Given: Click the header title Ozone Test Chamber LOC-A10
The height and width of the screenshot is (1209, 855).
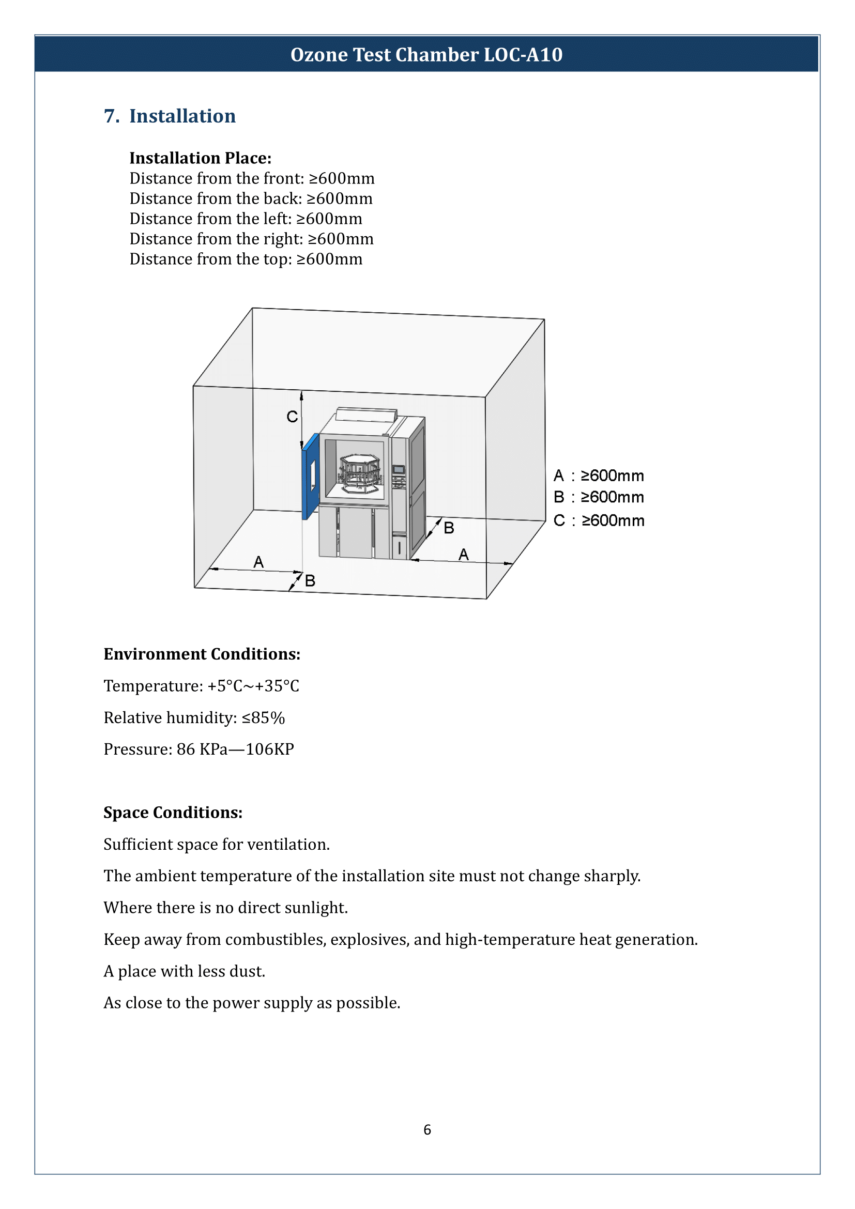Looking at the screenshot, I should (426, 55).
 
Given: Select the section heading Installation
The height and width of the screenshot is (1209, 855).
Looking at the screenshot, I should (182, 116).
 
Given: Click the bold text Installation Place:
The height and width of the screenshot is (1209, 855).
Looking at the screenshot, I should (200, 158).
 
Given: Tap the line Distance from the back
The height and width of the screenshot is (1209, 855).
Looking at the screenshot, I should (251, 198).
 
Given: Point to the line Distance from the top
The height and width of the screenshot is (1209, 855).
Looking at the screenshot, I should (246, 259).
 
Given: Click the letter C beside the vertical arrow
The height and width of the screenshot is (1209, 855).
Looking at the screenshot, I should (292, 417).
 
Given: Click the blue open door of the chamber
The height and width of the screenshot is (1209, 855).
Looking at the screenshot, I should (310, 477).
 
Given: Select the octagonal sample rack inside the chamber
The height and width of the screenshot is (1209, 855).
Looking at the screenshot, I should (360, 473).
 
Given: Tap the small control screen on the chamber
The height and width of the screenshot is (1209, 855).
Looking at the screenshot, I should (399, 469).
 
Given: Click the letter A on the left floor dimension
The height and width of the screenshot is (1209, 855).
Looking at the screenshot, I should (258, 562).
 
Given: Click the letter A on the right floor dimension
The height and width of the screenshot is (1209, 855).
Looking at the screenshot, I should (463, 554).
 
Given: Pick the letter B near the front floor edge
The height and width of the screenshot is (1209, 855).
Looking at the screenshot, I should (310, 581).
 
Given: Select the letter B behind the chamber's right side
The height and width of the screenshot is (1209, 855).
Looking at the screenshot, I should (449, 528).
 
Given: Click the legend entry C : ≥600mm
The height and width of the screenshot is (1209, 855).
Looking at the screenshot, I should (599, 521).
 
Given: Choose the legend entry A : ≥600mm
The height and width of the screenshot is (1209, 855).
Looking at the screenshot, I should (599, 476).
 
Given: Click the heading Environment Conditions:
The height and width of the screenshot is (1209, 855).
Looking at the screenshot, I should (202, 654).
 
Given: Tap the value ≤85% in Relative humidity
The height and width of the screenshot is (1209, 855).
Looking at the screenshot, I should (263, 718).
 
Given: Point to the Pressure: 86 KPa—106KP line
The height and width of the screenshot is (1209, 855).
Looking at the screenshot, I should (199, 749).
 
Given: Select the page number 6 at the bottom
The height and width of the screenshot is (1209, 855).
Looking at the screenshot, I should (427, 1129).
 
